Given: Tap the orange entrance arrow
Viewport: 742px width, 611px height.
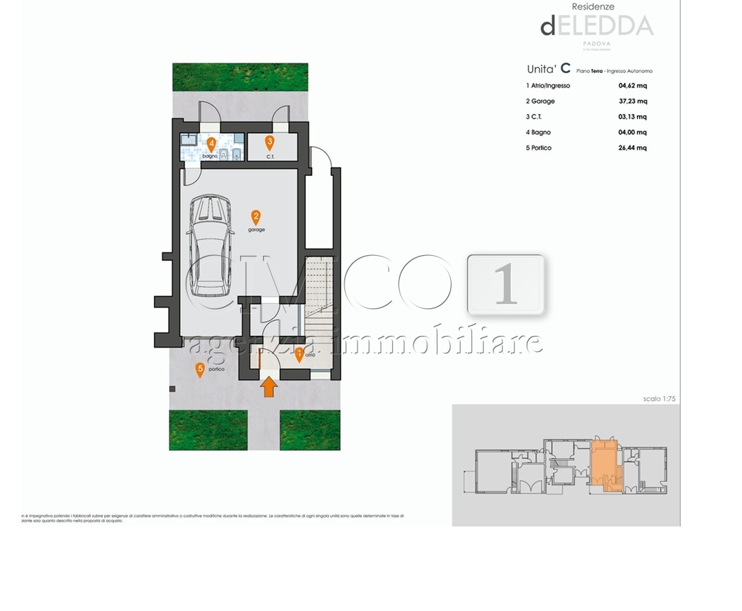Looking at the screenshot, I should coord(270,388).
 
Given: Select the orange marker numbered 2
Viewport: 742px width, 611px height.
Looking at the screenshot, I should coord(256,217).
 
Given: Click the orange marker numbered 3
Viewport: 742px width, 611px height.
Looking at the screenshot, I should coord(270,143).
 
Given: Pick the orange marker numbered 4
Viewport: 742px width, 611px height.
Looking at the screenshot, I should coord(211,143).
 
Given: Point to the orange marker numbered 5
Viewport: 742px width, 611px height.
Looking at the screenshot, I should coord(200,370).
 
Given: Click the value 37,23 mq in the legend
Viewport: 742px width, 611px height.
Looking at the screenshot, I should coord(632,101).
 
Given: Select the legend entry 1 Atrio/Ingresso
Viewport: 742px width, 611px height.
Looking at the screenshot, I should coord(547,86).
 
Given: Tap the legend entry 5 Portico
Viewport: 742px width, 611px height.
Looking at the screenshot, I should coord(538,148).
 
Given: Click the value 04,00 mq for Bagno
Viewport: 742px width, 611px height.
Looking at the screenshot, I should coord(632,132).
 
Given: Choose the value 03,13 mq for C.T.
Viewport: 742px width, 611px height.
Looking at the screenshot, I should coord(632,117).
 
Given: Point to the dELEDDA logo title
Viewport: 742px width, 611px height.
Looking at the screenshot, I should coord(596,26).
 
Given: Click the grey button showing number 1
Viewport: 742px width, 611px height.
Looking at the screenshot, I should coord(506,285).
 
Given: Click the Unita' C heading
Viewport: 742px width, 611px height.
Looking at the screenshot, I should coord(548,69).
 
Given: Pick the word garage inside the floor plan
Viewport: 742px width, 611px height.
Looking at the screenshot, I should coord(256,230).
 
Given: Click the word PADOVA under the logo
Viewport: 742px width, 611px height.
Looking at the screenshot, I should coord(598,43).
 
